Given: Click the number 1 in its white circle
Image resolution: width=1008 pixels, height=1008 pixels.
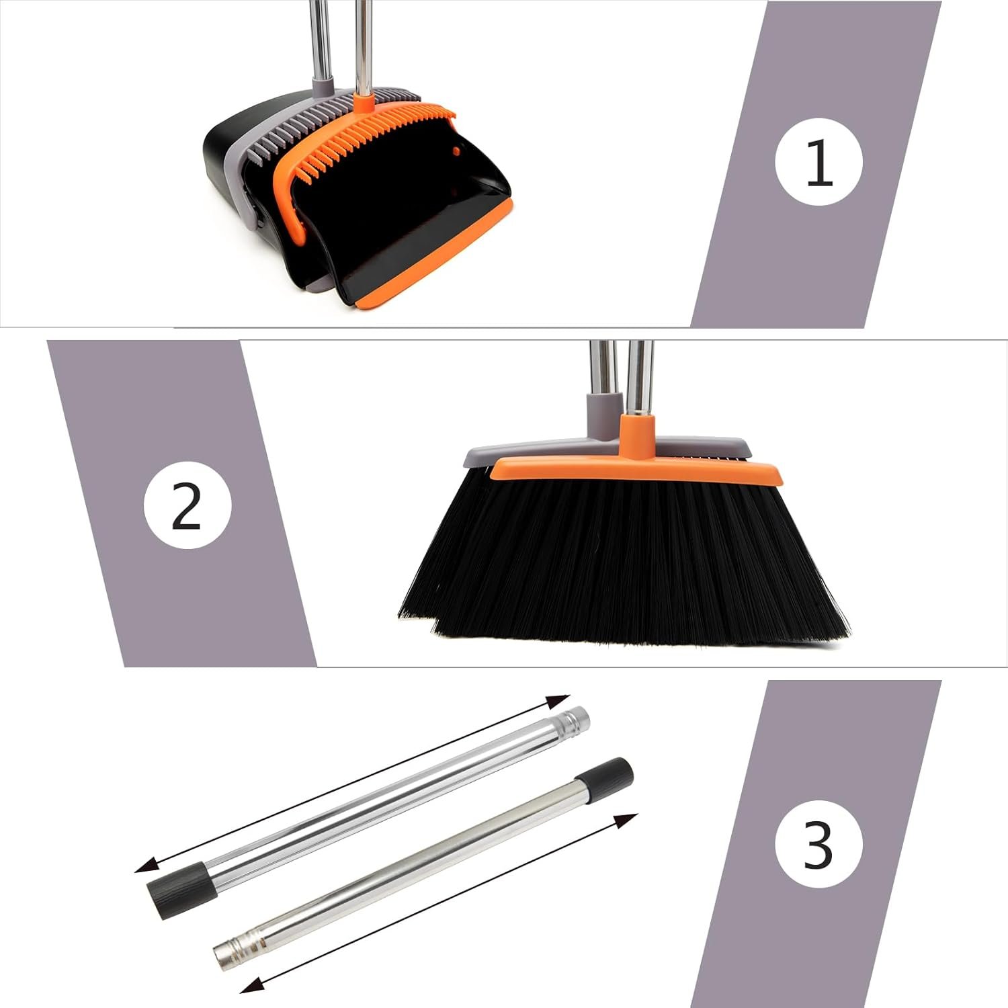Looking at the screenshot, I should (818, 162).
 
